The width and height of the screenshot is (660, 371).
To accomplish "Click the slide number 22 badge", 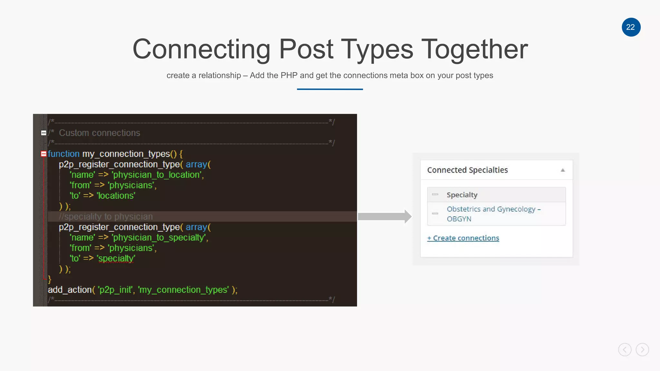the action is tap(631, 27).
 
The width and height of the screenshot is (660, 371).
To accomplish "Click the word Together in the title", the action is tap(474, 49).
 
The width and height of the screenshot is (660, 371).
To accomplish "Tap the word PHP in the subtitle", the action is tap(289, 75).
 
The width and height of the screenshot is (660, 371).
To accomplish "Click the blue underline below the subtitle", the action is tap(330, 89).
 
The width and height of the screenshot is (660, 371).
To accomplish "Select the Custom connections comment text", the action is tap(99, 133).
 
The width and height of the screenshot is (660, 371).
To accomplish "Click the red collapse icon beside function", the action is tap(44, 154).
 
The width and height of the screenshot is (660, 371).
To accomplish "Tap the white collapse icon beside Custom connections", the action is tap(44, 133).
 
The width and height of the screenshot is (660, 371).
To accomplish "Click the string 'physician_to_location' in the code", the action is tap(157, 175).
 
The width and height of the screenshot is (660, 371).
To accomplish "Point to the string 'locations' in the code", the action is tap(116, 196).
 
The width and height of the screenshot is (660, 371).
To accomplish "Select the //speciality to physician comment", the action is tap(106, 217).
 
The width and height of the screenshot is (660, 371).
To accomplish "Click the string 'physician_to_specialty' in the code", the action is tap(159, 238).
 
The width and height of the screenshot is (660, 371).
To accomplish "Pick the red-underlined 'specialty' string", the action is tap(116, 259).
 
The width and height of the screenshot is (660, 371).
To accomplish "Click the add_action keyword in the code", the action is tap(69, 290).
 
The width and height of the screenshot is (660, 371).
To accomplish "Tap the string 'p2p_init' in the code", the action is tap(115, 290).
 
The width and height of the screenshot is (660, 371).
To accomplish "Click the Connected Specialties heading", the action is tap(467, 170).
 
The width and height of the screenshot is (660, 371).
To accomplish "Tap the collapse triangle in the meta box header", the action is tap(563, 170).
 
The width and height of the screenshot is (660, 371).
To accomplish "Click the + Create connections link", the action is tap(463, 238).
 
